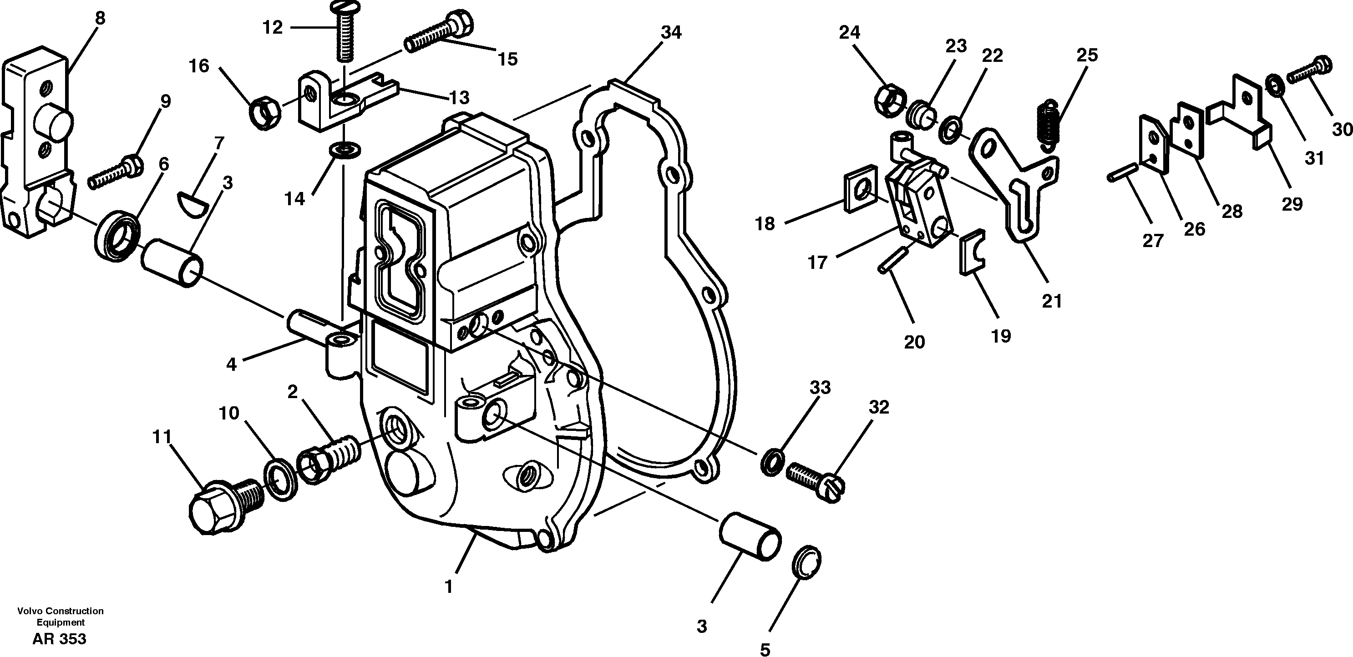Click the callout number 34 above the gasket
671,33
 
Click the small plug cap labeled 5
806,562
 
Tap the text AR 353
59,639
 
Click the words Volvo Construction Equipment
61,617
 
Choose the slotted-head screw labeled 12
344,34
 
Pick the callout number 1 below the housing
449,586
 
